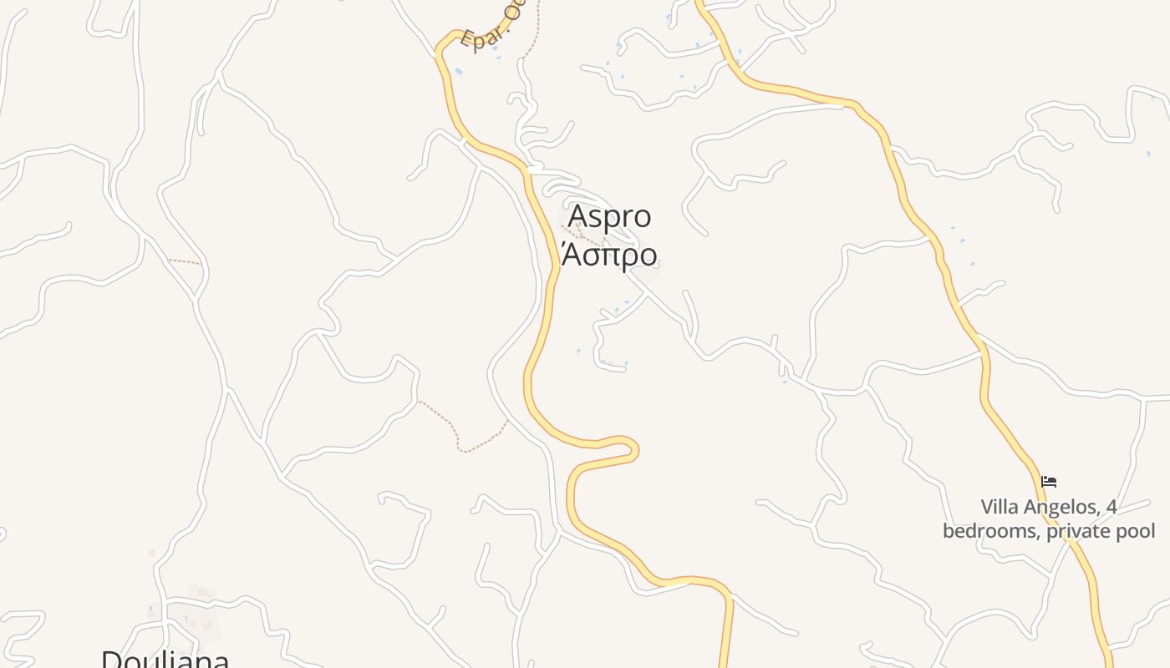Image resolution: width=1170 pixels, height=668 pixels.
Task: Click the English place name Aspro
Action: [609, 217]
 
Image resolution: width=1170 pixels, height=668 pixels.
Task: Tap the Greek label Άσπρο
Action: [609, 254]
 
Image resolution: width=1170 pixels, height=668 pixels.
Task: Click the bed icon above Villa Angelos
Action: [1049, 482]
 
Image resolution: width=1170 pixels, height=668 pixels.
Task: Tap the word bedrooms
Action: [989, 531]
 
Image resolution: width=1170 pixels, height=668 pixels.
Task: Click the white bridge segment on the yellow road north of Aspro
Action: [531, 170]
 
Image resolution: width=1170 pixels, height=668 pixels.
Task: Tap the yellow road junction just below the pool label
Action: [1070, 542]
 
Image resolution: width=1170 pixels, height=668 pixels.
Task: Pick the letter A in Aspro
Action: [577, 217]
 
